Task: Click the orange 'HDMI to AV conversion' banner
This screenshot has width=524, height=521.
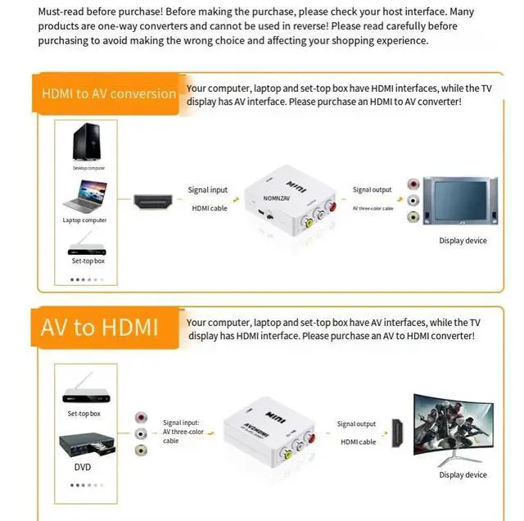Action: [x=109, y=93]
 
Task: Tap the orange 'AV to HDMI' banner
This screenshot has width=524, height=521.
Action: [x=99, y=327]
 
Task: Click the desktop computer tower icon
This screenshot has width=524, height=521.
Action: [x=85, y=143]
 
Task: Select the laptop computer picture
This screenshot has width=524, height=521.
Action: [x=85, y=196]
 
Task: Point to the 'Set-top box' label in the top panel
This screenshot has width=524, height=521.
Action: [x=88, y=260]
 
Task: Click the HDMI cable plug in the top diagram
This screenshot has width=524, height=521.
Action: [x=153, y=201]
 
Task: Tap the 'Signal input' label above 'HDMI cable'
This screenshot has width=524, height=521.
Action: [x=208, y=190]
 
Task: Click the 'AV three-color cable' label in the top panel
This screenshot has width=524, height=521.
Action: [x=373, y=208]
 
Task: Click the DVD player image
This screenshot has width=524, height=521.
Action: [x=86, y=446]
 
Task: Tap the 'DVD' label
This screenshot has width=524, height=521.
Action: [x=83, y=467]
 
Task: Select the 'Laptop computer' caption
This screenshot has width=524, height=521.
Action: [x=84, y=220]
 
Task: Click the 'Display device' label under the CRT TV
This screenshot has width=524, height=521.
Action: [x=463, y=241]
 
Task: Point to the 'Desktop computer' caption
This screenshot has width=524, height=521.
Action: [x=88, y=168]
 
